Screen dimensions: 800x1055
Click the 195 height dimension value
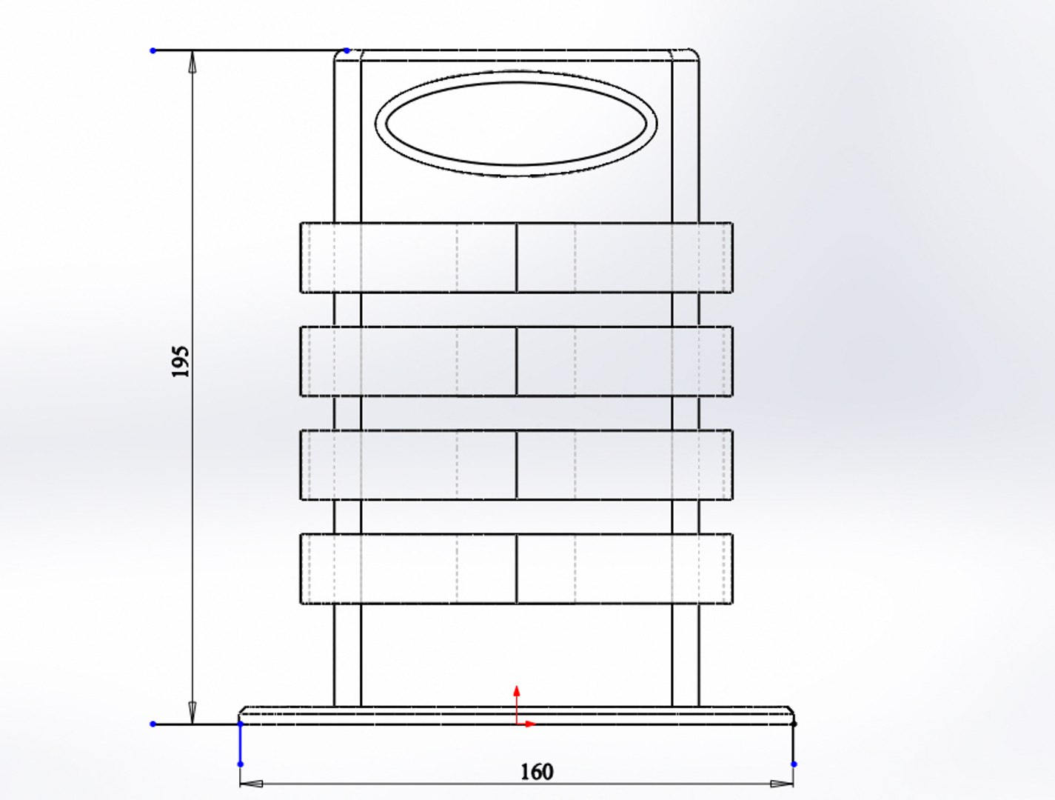coord(181,361)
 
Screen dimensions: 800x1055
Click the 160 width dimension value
coord(536,772)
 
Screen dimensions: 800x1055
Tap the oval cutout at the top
coord(517,124)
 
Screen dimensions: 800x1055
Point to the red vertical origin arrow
coord(517,700)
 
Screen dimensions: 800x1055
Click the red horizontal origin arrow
coord(528,724)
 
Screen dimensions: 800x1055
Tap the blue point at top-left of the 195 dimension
coord(153,50)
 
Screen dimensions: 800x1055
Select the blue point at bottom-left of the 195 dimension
coord(153,724)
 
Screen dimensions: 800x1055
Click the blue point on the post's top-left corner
coord(346,50)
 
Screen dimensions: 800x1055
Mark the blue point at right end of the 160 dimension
coord(794,764)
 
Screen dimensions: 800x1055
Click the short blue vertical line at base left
coord(241,744)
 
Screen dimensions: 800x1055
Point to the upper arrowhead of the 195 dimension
coord(192,61)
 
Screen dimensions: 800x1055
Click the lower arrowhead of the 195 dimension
coord(192,713)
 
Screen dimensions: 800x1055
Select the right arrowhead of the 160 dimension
coord(782,783)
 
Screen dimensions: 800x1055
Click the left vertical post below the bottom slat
coord(347,655)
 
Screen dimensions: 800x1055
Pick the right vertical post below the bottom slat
coord(685,655)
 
